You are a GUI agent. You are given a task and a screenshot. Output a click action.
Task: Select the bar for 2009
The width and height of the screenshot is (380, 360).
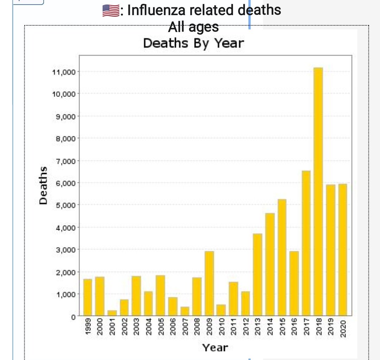(x=209, y=283)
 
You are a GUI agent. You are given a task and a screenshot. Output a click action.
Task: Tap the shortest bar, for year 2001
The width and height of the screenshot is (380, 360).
(x=112, y=313)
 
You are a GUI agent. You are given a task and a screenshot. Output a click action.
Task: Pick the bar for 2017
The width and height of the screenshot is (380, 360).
(x=306, y=243)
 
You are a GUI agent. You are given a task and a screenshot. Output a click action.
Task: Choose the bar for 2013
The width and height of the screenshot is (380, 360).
(x=258, y=274)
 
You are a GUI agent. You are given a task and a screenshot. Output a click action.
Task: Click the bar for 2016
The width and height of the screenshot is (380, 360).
(x=294, y=283)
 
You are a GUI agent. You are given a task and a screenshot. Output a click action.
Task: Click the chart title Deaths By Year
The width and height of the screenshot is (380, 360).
(x=193, y=43)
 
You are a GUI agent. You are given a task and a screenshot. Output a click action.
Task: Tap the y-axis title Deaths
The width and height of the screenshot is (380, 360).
(x=43, y=185)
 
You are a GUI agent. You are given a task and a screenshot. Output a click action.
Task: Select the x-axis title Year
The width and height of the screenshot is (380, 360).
(x=215, y=348)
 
